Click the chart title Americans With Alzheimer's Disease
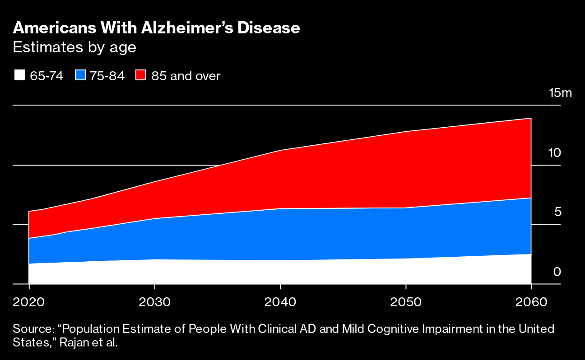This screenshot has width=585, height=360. point(156,28)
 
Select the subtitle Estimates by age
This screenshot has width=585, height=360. point(74,47)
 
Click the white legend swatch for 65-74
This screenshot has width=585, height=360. point(19,76)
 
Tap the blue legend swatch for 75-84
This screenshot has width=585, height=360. point(80,76)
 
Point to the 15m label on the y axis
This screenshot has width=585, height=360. point(560,93)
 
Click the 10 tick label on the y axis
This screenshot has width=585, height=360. point(554,153)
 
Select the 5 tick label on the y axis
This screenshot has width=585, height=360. point(557,212)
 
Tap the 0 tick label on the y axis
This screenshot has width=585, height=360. point(557,272)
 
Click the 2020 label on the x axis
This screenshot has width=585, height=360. point(29,301)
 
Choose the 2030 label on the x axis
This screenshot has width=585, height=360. point(155,301)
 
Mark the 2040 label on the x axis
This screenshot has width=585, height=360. point(280,301)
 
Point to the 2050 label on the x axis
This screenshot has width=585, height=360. point(406,301)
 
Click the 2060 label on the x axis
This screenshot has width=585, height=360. point(531,301)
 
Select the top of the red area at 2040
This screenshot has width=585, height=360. point(280,150)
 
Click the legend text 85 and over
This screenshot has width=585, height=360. point(186,76)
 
